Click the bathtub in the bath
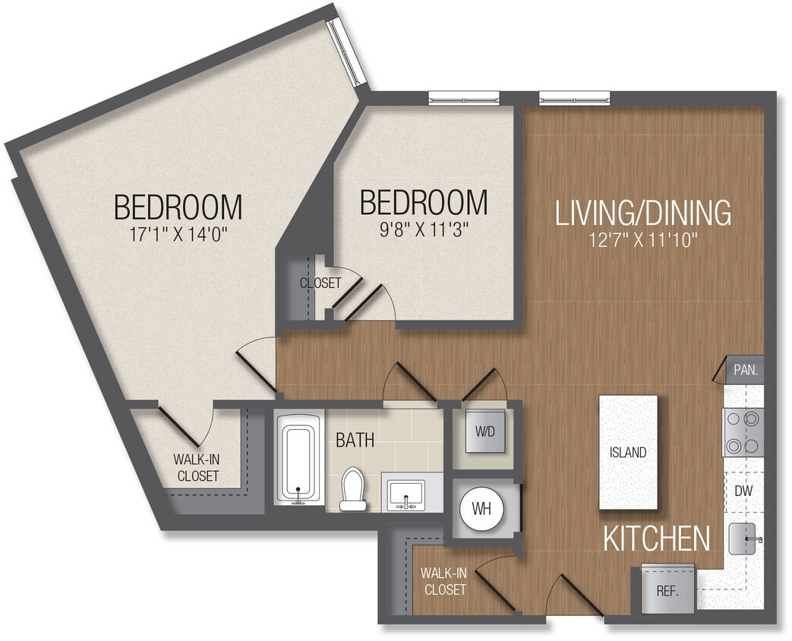[x=298, y=458]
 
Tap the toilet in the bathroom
[x=352, y=488]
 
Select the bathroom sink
[x=406, y=494]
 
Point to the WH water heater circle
[x=482, y=508]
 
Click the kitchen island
[x=628, y=453]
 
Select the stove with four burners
[x=743, y=431]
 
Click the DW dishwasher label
[x=743, y=491]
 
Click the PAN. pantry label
[x=744, y=371]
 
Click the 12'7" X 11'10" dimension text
[x=643, y=241]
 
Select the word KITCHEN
[x=657, y=538]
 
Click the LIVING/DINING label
[x=643, y=213]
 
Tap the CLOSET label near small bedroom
[x=320, y=283]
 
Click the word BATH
[x=355, y=440]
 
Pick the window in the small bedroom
[x=463, y=96]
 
